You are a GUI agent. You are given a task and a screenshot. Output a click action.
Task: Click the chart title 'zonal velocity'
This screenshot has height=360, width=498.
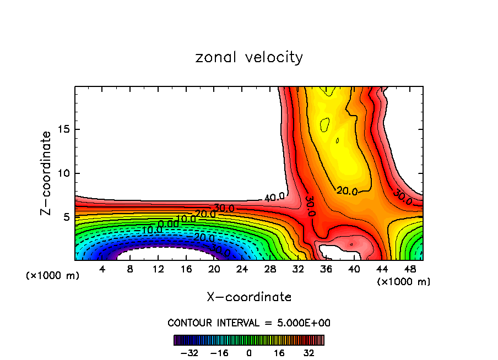coord(249,57)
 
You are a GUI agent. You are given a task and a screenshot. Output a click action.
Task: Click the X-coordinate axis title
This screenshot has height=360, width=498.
coord(249,297)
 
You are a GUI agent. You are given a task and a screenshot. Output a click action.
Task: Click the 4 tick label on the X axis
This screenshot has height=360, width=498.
coord(102,269)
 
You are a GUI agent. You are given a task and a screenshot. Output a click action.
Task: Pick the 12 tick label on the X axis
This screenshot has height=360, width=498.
coord(158,269)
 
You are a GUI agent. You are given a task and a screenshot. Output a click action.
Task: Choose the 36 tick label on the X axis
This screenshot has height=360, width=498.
coord(326,269)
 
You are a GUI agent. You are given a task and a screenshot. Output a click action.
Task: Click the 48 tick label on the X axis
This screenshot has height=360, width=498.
coord(410,269)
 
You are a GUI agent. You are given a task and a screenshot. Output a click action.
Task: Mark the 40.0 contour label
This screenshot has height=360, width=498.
coord(274,197)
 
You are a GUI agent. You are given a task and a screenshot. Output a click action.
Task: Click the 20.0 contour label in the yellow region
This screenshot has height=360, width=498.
coord(347,191)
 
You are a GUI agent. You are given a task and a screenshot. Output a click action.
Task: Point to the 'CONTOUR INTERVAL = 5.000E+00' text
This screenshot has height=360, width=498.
coord(249,323)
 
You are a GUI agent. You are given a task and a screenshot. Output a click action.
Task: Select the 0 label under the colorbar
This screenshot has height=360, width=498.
coord(249,353)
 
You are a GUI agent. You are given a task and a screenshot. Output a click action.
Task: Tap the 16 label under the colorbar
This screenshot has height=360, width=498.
coord(279,353)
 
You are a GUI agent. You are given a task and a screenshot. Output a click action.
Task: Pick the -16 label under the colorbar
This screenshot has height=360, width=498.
coord(219,353)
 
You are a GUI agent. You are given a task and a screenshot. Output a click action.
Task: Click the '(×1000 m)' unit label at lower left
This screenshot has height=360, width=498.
coord(53,275)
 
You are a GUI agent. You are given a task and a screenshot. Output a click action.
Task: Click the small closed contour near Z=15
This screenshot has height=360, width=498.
coord(325,126)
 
